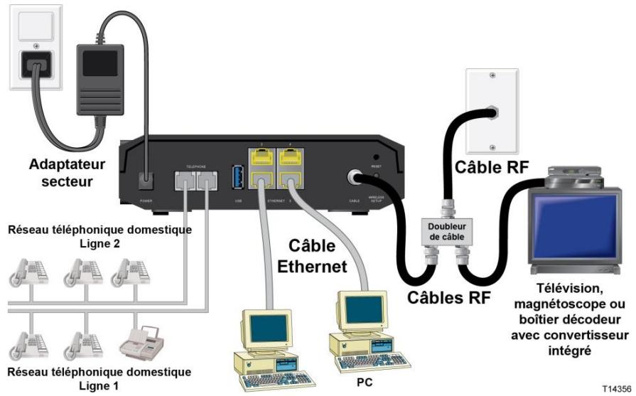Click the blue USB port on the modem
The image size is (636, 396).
(237, 175)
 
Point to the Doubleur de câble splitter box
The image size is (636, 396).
(443, 229)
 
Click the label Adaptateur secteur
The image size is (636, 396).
(67, 173)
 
